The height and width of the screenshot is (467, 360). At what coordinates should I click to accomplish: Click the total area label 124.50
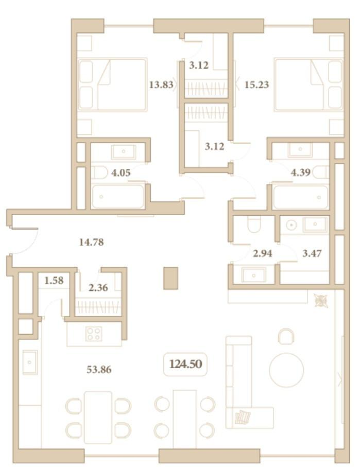pyautogui.click(x=185, y=364)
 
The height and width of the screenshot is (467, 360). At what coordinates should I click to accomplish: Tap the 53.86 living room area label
pyautogui.click(x=99, y=370)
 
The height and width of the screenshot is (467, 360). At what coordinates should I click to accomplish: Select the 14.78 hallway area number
pyautogui.click(x=92, y=242)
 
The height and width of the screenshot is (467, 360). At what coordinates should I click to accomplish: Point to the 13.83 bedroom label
pyautogui.click(x=161, y=85)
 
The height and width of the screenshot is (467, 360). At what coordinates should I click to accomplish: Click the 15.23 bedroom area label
pyautogui.click(x=256, y=85)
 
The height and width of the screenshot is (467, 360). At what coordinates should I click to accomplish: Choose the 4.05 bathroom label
pyautogui.click(x=121, y=172)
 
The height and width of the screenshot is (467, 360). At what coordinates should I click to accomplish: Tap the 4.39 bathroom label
pyautogui.click(x=301, y=172)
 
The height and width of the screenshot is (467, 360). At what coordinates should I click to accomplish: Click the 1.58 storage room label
pyautogui.click(x=54, y=280)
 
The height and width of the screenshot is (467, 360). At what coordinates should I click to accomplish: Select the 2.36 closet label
pyautogui.click(x=98, y=288)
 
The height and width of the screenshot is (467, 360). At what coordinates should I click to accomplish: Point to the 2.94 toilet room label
pyautogui.click(x=263, y=253)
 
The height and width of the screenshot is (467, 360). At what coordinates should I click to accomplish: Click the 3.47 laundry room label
pyautogui.click(x=312, y=253)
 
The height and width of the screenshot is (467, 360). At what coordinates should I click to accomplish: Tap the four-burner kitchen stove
pyautogui.click(x=94, y=334)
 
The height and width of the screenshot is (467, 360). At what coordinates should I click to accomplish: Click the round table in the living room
pyautogui.click(x=286, y=370)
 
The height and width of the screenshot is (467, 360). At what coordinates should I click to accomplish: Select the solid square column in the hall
pyautogui.click(x=170, y=278)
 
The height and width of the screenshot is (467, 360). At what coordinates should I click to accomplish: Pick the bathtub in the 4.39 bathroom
pyautogui.click(x=301, y=197)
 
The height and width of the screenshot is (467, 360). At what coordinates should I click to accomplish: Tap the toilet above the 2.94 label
pyautogui.click(x=254, y=224)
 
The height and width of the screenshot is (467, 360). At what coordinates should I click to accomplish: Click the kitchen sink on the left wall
pyautogui.click(x=30, y=362)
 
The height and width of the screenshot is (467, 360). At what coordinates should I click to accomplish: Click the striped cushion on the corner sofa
pyautogui.click(x=243, y=417)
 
